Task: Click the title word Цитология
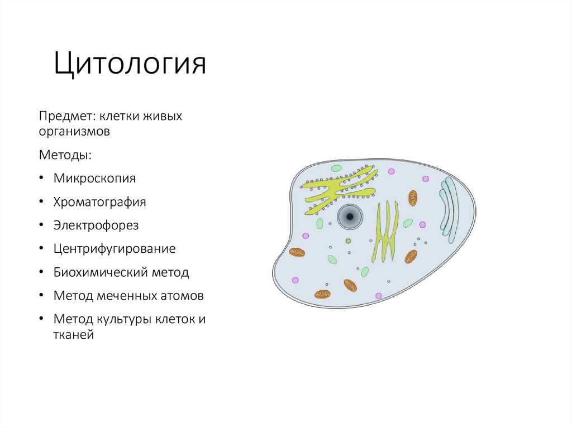[x=130, y=64]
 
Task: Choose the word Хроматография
[x=99, y=201]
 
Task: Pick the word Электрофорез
[x=96, y=225]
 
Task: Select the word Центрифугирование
[x=115, y=249]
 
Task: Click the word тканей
[x=73, y=335]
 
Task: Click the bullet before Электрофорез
[x=42, y=225]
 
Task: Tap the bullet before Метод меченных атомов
[x=42, y=295]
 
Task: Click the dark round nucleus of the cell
[x=350, y=217]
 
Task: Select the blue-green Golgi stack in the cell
[x=449, y=210]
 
